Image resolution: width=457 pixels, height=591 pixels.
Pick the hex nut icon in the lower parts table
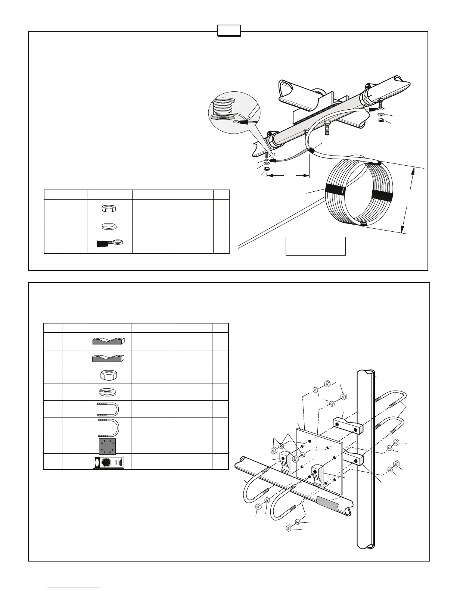point(108,375)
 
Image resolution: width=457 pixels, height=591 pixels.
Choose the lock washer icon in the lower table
point(108,392)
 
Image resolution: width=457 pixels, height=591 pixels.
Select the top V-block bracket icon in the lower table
point(109,341)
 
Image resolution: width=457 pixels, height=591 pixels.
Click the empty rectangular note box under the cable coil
point(315,246)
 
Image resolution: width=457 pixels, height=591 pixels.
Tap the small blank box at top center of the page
point(229,31)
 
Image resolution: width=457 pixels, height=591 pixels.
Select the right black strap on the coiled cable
point(382,196)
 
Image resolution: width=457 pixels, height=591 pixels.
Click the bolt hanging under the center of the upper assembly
point(327,128)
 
